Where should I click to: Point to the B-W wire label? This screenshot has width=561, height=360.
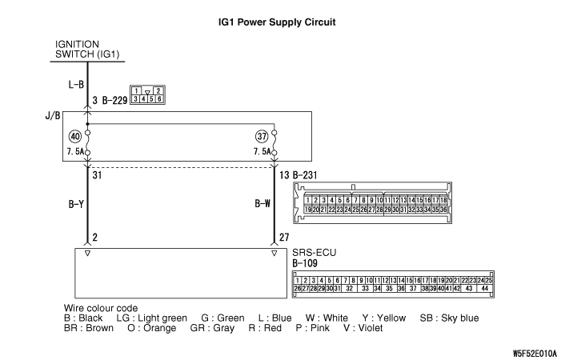(262, 204)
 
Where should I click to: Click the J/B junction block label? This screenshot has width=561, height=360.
(52, 115)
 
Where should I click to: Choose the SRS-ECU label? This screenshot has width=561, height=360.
(314, 251)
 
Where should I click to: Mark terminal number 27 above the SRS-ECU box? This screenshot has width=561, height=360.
(284, 237)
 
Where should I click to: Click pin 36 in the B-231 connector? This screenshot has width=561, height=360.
(442, 209)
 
